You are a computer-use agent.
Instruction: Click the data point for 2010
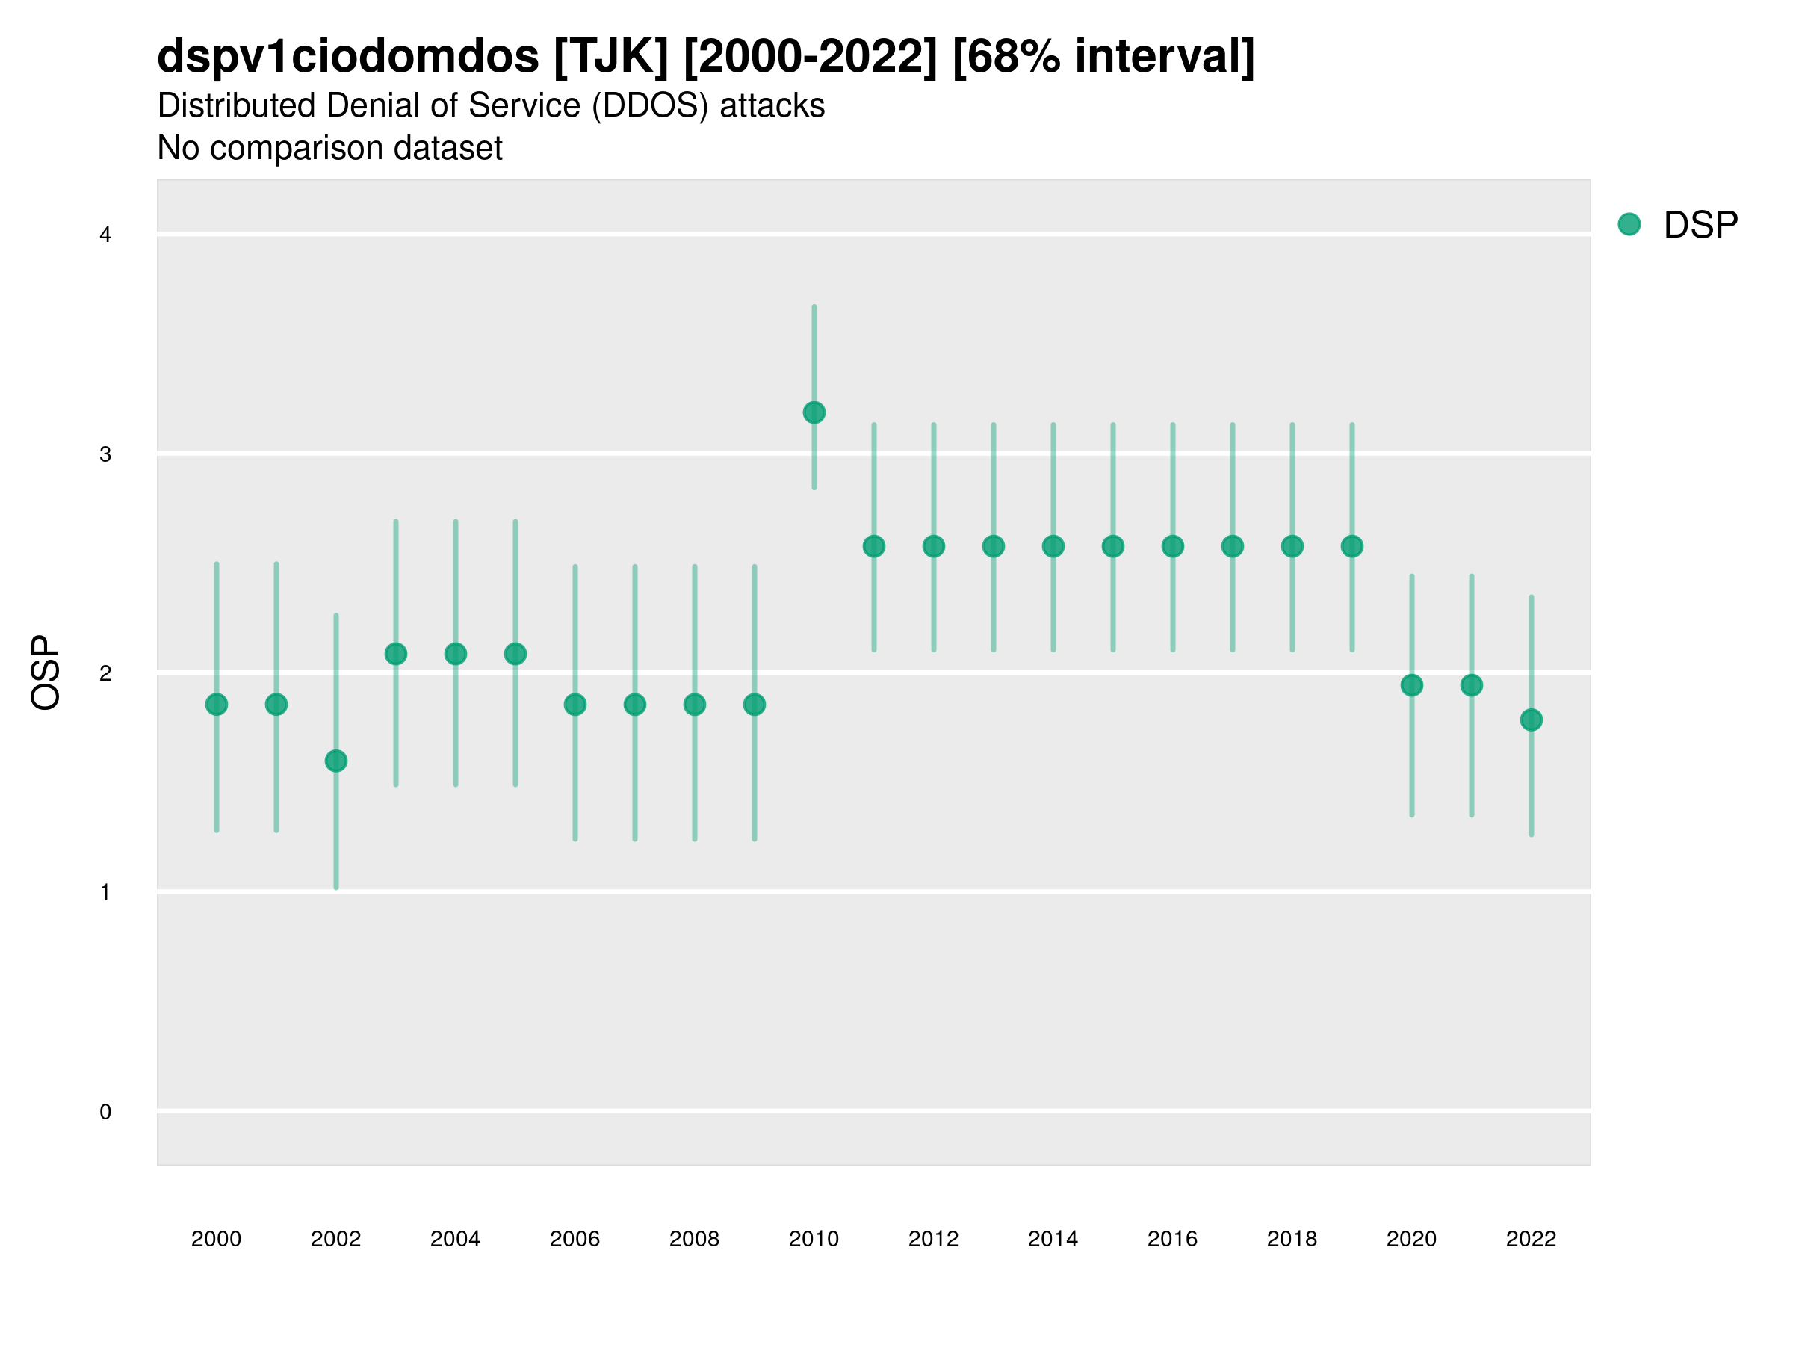pyautogui.click(x=814, y=412)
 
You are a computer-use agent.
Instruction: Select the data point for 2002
pyautogui.click(x=335, y=761)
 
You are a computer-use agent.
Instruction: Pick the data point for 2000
pyautogui.click(x=217, y=705)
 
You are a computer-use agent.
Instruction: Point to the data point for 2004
pyautogui.click(x=456, y=654)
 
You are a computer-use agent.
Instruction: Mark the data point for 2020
pyautogui.click(x=1411, y=685)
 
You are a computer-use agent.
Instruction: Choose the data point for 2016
pyautogui.click(x=1172, y=546)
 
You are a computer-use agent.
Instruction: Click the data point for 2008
pyautogui.click(x=695, y=705)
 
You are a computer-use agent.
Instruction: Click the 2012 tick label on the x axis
pyautogui.click(x=933, y=1239)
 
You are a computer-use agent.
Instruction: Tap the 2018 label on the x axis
pyautogui.click(x=1291, y=1239)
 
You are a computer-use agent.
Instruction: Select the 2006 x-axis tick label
pyautogui.click(x=575, y=1239)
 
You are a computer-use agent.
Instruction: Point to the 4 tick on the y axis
pyautogui.click(x=105, y=235)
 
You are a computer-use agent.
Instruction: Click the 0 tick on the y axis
pyautogui.click(x=105, y=1112)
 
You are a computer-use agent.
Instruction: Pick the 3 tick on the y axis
pyautogui.click(x=105, y=454)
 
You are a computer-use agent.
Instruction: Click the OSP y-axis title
pyautogui.click(x=46, y=672)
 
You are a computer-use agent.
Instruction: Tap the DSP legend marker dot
pyautogui.click(x=1629, y=223)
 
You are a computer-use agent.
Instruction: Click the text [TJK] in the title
pyautogui.click(x=611, y=57)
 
